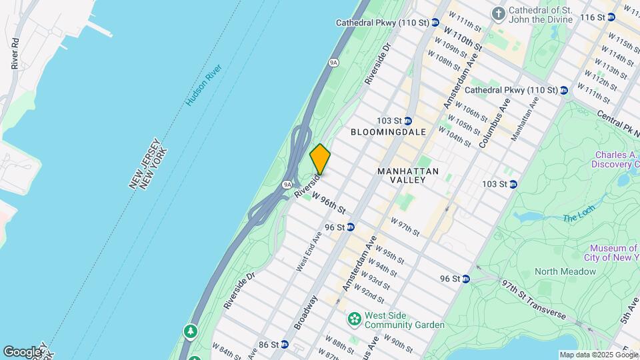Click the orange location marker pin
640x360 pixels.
pos(320,159)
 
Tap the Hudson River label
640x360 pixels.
pos(203,85)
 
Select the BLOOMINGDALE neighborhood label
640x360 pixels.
pos(389,132)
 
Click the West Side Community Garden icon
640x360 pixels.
pos(355,319)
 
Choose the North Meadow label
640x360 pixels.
pos(565,271)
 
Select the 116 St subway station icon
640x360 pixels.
pos(611,17)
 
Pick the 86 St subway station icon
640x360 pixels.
pos(285,345)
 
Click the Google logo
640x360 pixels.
pos(21,351)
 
